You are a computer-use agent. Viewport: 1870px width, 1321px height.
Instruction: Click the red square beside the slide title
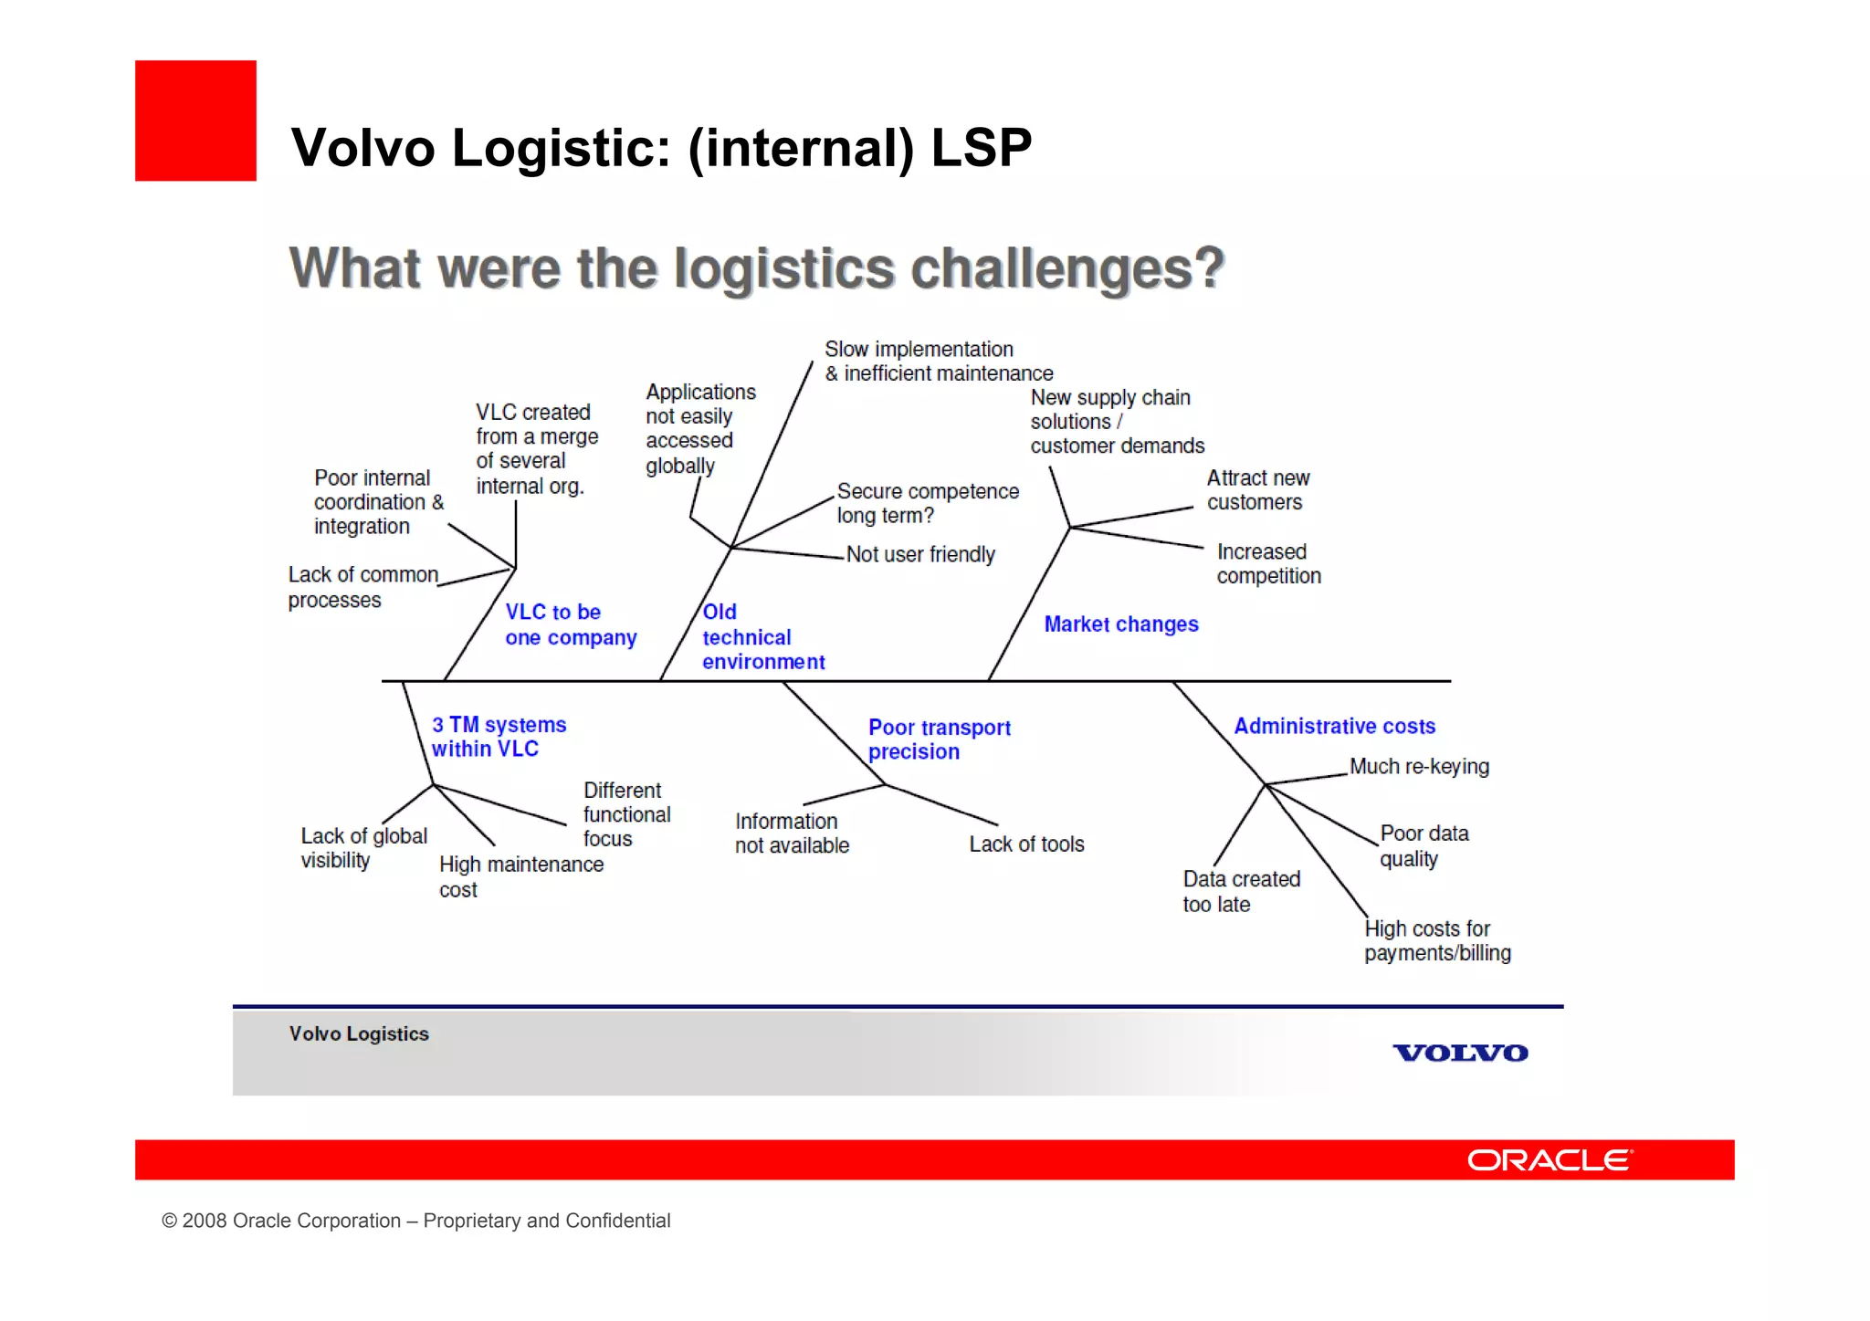point(195,121)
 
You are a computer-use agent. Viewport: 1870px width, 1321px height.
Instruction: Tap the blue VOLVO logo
point(1459,1053)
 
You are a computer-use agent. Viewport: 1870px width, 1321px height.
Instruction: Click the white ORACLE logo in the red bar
point(1549,1159)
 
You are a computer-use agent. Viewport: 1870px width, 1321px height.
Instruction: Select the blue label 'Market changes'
point(1120,624)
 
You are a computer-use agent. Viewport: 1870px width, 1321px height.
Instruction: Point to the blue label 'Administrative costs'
point(1334,727)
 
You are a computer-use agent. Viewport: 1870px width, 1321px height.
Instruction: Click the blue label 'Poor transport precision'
point(939,739)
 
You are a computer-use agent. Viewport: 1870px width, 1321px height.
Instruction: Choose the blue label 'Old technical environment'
point(762,637)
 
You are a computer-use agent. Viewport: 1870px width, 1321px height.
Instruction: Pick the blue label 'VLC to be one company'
point(570,624)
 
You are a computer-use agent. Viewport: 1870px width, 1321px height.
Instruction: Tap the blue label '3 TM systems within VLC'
point(499,737)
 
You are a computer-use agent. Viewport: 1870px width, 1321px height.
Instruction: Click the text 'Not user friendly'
point(919,554)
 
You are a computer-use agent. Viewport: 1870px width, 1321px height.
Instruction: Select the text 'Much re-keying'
point(1419,767)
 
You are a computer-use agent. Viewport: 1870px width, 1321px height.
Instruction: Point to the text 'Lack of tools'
point(1026,844)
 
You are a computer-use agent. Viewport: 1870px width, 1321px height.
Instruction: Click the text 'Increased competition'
point(1268,564)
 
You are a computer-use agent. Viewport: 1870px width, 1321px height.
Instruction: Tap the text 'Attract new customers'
point(1257,490)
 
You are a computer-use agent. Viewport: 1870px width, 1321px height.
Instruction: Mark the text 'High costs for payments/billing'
point(1437,941)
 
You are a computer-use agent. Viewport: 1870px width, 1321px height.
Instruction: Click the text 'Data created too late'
point(1241,892)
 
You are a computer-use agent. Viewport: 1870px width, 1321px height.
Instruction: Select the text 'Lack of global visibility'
point(363,848)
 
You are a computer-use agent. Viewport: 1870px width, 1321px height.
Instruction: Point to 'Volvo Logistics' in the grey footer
point(359,1033)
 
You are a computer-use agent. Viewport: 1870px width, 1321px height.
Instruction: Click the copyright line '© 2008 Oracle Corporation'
point(415,1221)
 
